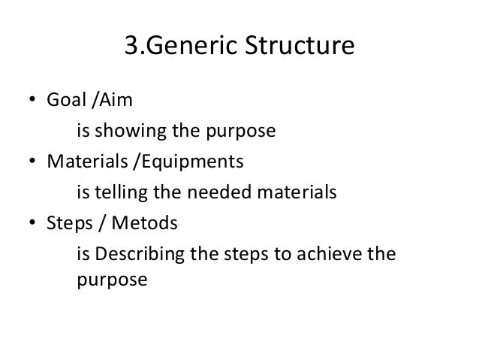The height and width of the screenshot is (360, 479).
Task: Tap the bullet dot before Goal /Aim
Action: (x=33, y=102)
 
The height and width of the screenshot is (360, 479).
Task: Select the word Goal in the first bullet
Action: (x=66, y=101)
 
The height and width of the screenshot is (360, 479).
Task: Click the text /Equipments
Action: (x=161, y=163)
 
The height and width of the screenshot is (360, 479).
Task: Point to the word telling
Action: (x=120, y=194)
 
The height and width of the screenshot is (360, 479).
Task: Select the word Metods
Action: (x=139, y=224)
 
